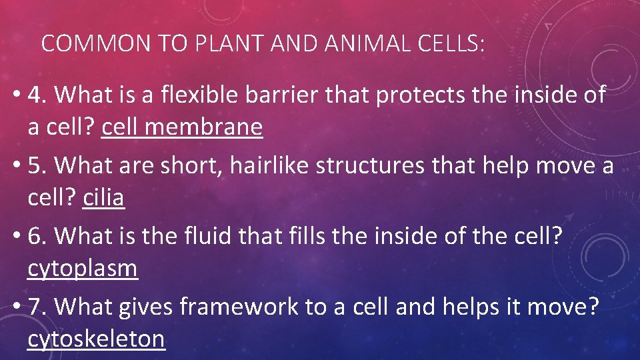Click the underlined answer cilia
pyautogui.click(x=103, y=197)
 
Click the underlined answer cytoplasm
pyautogui.click(x=83, y=268)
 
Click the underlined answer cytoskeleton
pyautogui.click(x=96, y=339)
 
